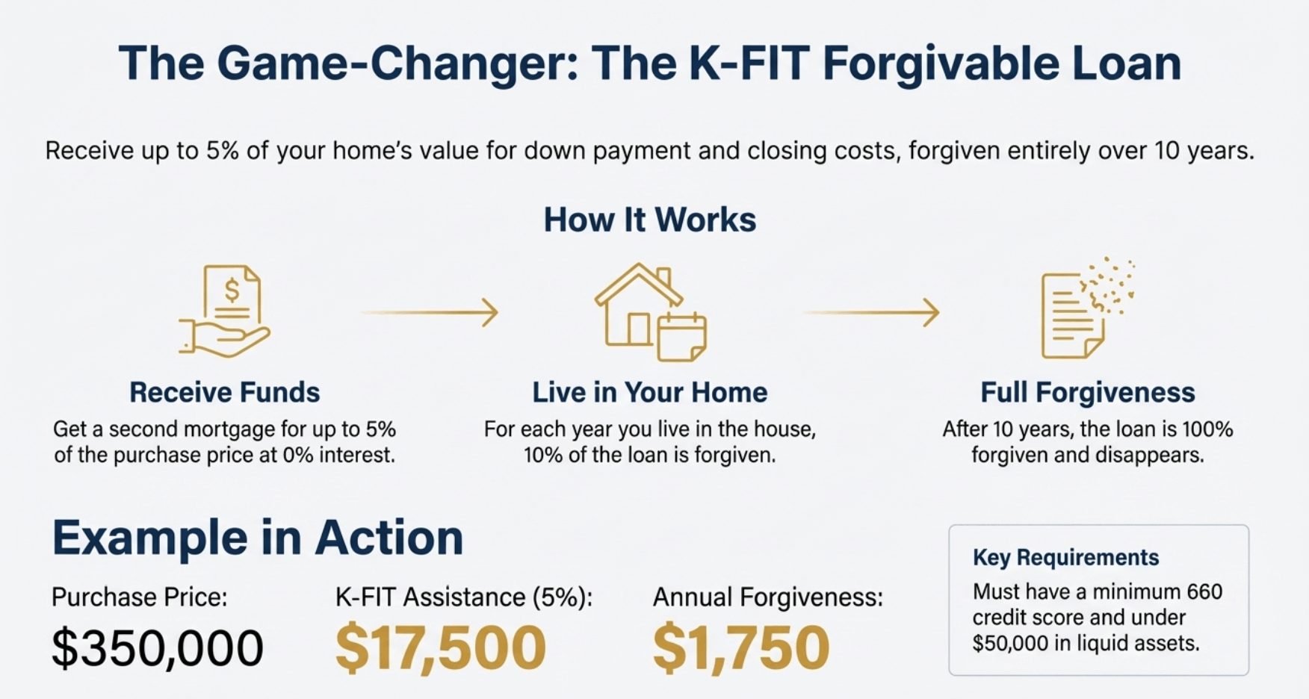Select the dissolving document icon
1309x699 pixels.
1085,310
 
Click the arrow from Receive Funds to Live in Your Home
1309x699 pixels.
430,312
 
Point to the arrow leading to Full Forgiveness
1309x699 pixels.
872,312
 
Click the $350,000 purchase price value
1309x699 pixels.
158,647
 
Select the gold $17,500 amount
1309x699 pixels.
440,647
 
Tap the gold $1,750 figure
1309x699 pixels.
740,647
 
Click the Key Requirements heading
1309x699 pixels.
1065,557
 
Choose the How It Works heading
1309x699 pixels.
649,220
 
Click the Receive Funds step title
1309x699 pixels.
224,392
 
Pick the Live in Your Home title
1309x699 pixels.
649,392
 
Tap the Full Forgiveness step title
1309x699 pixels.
1087,392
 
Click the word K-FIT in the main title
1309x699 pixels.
749,63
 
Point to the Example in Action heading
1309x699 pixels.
258,538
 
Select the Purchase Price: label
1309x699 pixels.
140,597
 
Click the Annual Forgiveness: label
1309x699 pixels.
767,597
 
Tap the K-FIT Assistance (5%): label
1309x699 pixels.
463,597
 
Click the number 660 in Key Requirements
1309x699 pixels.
1202,592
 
